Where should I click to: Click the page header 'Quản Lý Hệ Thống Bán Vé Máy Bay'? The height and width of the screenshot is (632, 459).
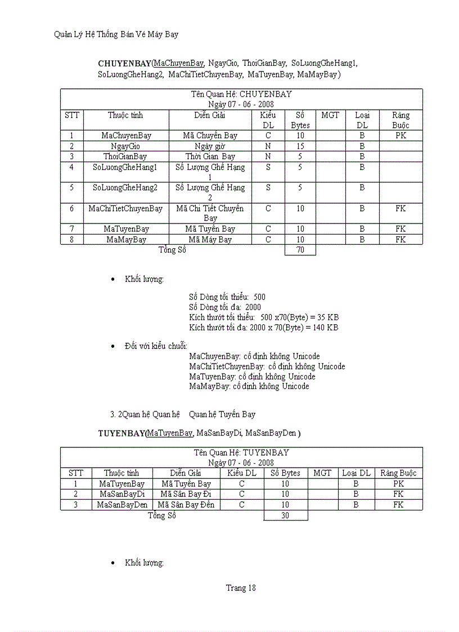(x=116, y=34)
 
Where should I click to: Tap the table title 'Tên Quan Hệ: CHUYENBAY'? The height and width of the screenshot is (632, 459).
(x=241, y=94)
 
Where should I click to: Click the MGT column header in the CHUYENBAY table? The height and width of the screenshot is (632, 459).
(x=330, y=115)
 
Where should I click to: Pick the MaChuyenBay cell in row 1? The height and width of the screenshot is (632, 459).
(x=126, y=136)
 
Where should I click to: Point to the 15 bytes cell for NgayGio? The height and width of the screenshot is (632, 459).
(x=300, y=146)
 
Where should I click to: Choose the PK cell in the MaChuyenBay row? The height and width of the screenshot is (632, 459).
(x=400, y=136)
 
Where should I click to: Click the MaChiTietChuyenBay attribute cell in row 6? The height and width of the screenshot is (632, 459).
(x=126, y=209)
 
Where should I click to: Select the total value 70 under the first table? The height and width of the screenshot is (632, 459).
(x=300, y=250)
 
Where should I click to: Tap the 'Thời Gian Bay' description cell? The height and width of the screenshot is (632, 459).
(x=210, y=156)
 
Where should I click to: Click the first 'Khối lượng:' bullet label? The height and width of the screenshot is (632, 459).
(x=144, y=279)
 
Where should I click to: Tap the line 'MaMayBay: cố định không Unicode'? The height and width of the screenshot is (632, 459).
(x=249, y=387)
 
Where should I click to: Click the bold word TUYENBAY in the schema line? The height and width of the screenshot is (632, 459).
(x=121, y=433)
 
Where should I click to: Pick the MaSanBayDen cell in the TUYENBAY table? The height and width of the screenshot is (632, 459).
(x=122, y=505)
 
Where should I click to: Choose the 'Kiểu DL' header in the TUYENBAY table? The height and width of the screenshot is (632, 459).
(x=242, y=473)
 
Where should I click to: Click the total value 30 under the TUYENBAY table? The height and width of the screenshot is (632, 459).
(x=285, y=516)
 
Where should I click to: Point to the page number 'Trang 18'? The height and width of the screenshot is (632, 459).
(x=241, y=588)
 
